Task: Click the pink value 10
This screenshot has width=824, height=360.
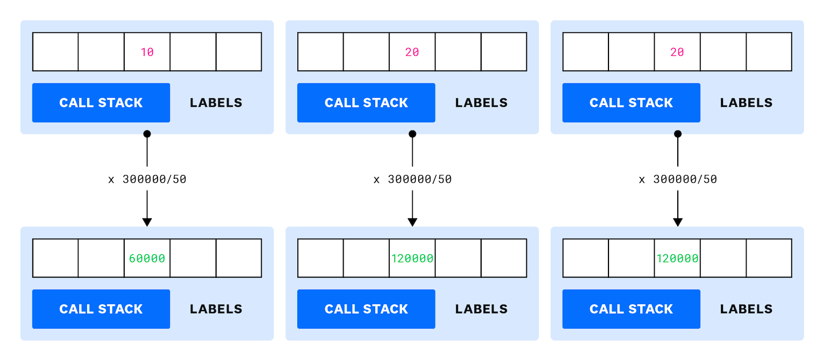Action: (x=147, y=52)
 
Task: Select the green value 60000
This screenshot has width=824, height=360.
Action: (x=147, y=258)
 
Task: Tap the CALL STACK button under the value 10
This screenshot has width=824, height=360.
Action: (x=101, y=103)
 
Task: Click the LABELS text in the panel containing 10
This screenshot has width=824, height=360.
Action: (x=216, y=103)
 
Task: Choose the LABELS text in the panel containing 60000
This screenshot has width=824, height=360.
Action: (x=216, y=309)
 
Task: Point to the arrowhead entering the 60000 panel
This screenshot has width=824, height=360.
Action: (x=147, y=222)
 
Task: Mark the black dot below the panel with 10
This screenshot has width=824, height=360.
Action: (x=147, y=134)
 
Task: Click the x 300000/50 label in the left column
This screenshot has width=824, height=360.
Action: (x=147, y=179)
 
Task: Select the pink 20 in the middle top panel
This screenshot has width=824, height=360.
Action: (x=412, y=52)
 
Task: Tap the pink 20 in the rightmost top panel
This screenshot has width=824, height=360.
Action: (x=677, y=52)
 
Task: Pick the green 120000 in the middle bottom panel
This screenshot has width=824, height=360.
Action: (x=412, y=258)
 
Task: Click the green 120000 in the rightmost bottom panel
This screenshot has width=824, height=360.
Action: (x=677, y=258)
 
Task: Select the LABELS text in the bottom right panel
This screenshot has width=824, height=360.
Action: (x=746, y=309)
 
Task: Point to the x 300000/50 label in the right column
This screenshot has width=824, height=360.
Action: (x=677, y=179)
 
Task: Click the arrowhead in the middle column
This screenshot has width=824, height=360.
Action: (x=412, y=222)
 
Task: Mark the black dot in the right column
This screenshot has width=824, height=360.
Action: (x=677, y=134)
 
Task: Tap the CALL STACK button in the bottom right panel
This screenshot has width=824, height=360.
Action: (x=631, y=309)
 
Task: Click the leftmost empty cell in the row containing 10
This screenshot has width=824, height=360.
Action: (x=55, y=52)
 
